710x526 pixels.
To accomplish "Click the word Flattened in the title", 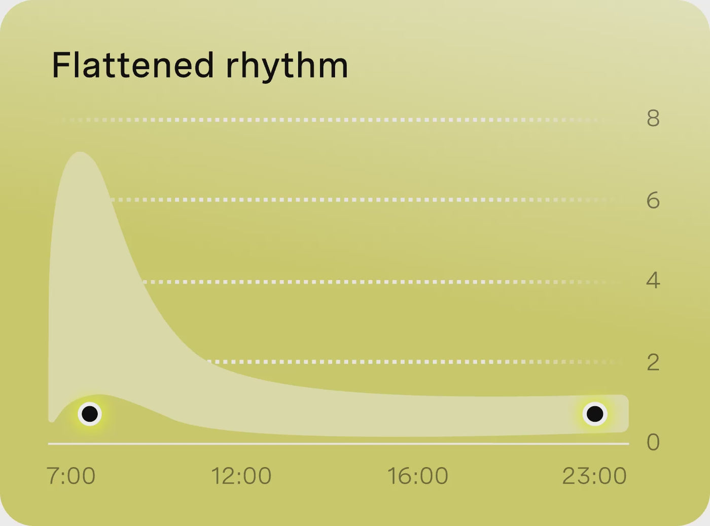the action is point(132,65).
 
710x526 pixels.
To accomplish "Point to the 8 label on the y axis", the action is point(653,118).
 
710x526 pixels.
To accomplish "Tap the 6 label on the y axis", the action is point(653,201).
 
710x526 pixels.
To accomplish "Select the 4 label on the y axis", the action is point(653,280).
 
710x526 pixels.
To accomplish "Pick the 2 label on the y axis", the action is point(653,363).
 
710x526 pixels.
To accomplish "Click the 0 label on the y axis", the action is point(653,442).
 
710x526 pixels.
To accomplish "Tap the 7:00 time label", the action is point(71,476).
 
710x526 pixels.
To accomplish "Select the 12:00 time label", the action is point(241,476).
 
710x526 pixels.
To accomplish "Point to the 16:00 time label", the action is point(418,476).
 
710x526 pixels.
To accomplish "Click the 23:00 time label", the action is point(594,476).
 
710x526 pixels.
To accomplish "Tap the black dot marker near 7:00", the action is point(90,414).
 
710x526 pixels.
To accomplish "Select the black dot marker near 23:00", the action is point(595,413).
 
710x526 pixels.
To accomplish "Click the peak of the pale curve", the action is point(80,153).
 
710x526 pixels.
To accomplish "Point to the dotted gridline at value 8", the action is point(333,120).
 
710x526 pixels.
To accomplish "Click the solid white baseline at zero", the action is point(339,444).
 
